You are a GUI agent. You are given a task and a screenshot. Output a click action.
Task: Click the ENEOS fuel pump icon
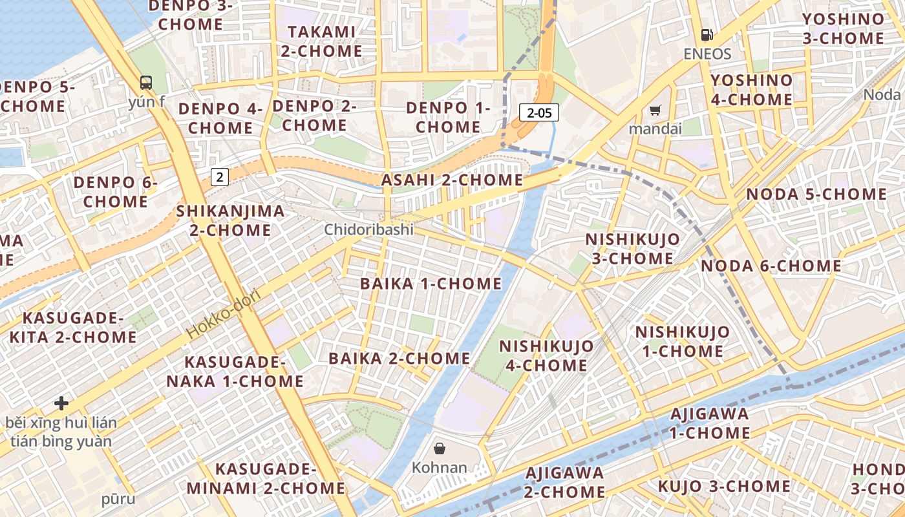(x=707, y=35)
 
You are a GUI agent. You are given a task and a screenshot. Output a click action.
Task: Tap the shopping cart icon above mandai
(x=655, y=111)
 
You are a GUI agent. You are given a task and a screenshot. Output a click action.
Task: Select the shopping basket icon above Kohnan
(x=440, y=448)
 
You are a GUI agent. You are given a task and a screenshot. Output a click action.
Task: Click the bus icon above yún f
(x=146, y=83)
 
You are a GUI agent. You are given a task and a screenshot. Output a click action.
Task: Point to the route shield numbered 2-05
(x=539, y=113)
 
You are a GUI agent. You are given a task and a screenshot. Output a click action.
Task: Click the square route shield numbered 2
(x=220, y=176)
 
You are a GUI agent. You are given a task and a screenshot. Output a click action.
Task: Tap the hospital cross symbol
(x=61, y=403)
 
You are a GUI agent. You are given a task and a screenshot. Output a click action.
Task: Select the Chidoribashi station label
(x=368, y=229)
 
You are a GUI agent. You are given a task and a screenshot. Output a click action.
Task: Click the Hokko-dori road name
(x=223, y=315)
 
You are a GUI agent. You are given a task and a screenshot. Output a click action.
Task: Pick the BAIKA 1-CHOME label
(x=431, y=284)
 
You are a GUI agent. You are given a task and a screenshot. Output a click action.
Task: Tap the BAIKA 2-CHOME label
(x=399, y=358)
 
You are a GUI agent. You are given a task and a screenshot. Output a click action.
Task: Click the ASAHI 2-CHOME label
(x=452, y=180)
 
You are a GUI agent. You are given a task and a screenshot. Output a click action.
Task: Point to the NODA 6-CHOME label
(x=771, y=266)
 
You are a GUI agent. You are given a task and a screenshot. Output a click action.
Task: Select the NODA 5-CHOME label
(x=816, y=194)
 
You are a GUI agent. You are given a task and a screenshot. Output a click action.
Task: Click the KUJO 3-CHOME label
(x=724, y=486)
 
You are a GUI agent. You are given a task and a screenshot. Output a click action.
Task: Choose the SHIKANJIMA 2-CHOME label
(x=230, y=220)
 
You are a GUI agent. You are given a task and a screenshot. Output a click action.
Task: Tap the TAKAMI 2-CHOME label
(x=321, y=41)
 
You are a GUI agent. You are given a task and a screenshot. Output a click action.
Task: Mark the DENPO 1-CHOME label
(x=448, y=117)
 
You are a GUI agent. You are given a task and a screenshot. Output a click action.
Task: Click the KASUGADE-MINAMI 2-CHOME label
(x=266, y=478)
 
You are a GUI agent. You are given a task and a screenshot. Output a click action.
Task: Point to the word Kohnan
(x=440, y=467)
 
